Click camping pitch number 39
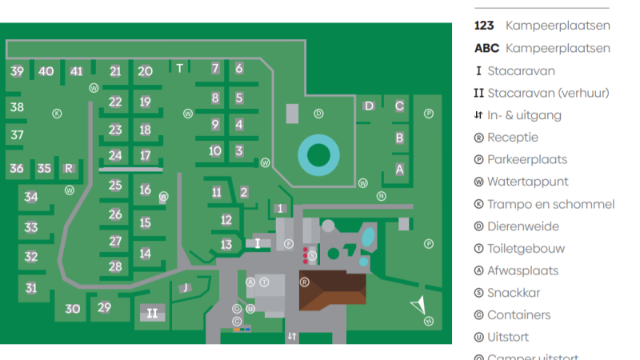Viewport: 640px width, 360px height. [17, 71]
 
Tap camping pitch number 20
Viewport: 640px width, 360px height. [145, 71]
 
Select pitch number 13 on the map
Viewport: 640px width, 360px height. [226, 244]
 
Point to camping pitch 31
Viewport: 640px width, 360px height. [31, 288]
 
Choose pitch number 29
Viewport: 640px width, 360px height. [104, 307]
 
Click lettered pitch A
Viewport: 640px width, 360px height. [399, 169]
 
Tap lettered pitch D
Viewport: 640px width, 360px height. [369, 106]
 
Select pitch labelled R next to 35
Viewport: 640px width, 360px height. [69, 168]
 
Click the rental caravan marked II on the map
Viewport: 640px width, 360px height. [152, 313]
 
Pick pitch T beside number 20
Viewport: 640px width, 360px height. [180, 68]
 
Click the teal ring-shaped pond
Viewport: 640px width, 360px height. [319, 154]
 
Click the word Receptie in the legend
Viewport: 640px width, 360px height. [512, 138]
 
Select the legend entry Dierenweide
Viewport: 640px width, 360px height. [522, 226]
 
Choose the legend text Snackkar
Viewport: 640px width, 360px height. [514, 293]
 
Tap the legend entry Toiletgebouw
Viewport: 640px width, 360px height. [526, 249]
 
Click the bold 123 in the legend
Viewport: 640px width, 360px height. [484, 26]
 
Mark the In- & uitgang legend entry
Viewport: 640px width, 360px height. [524, 115]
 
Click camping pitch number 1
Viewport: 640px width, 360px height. [280, 208]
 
